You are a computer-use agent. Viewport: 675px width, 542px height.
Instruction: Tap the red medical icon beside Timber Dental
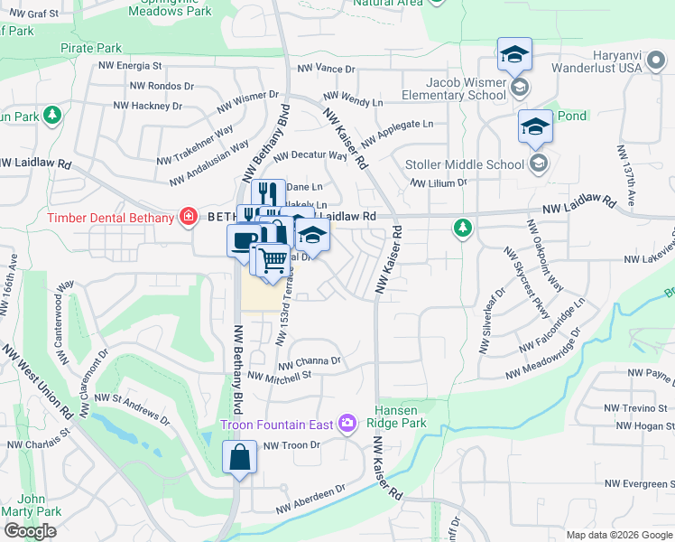(188, 217)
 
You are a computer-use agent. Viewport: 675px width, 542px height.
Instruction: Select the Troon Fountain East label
(278, 425)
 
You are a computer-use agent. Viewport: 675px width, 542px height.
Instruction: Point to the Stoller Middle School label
(464, 164)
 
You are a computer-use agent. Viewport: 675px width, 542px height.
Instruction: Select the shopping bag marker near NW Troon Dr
(240, 456)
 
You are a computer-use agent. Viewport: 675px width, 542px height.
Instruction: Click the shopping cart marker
(272, 261)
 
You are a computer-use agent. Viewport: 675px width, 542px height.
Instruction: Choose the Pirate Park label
(90, 47)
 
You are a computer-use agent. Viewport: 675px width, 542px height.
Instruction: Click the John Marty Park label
(32, 504)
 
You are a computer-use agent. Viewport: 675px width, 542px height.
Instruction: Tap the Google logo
(30, 531)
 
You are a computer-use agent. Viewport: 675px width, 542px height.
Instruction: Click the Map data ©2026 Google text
(617, 535)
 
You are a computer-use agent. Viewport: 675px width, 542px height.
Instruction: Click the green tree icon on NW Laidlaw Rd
(462, 227)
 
